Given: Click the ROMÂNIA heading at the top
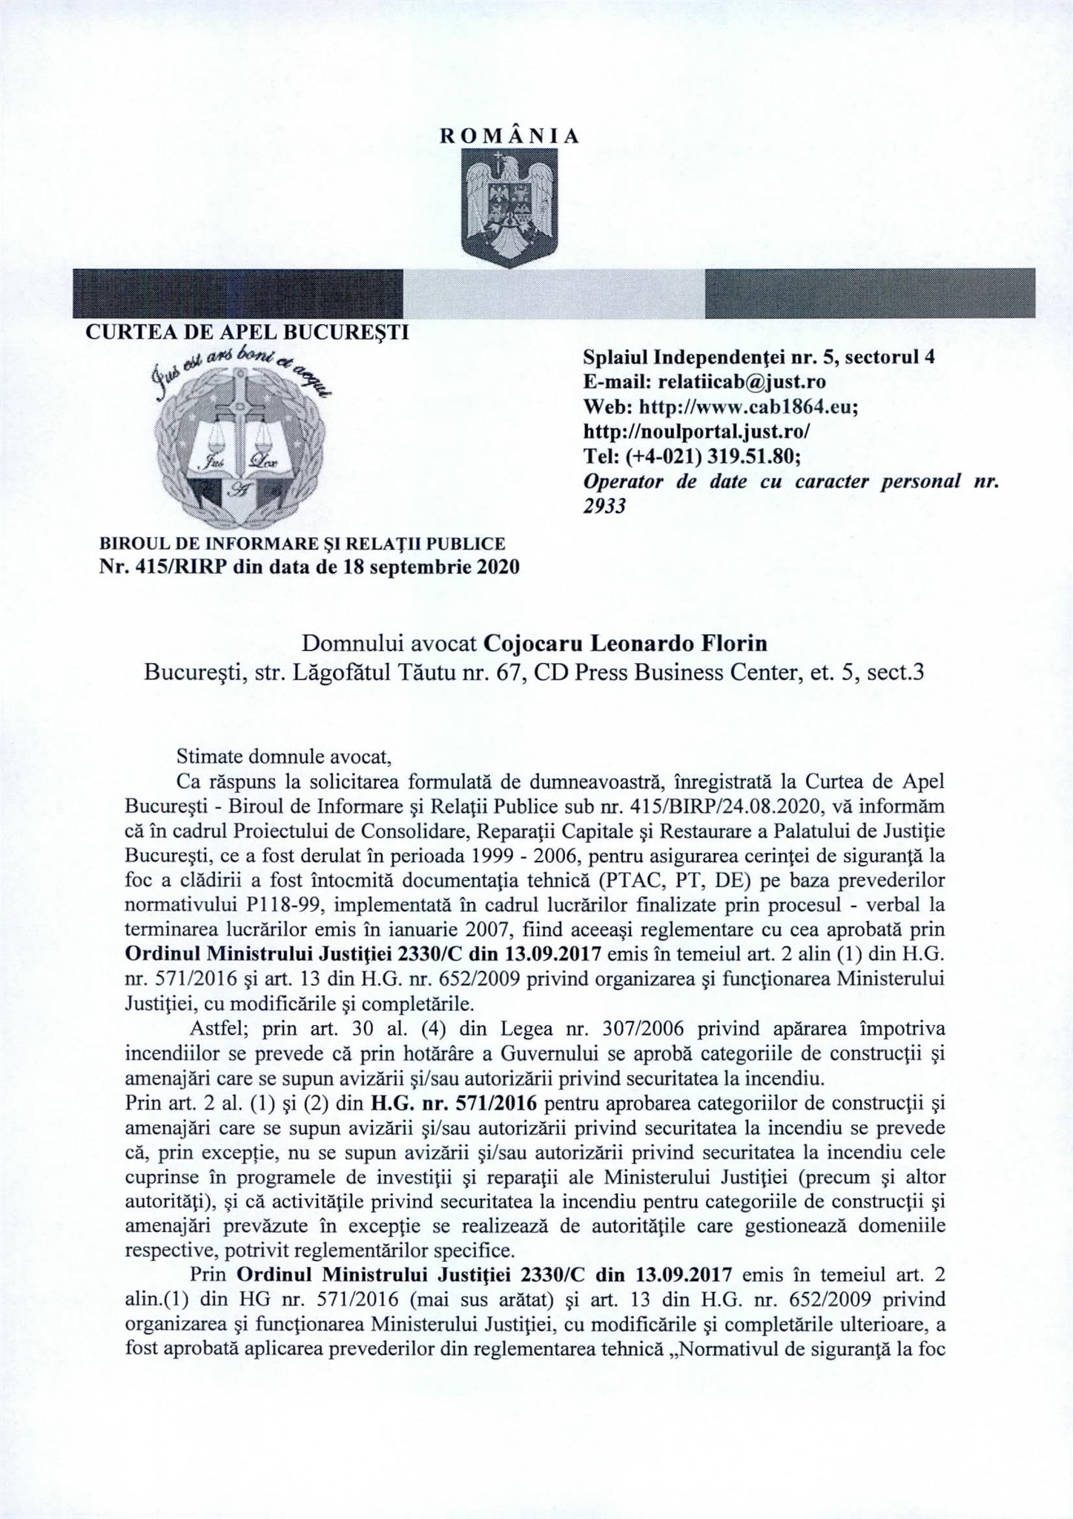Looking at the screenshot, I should pos(509,136).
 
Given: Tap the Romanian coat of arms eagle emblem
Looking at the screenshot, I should pos(509,206).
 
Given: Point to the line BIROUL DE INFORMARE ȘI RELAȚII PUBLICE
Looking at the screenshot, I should pos(302,543).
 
